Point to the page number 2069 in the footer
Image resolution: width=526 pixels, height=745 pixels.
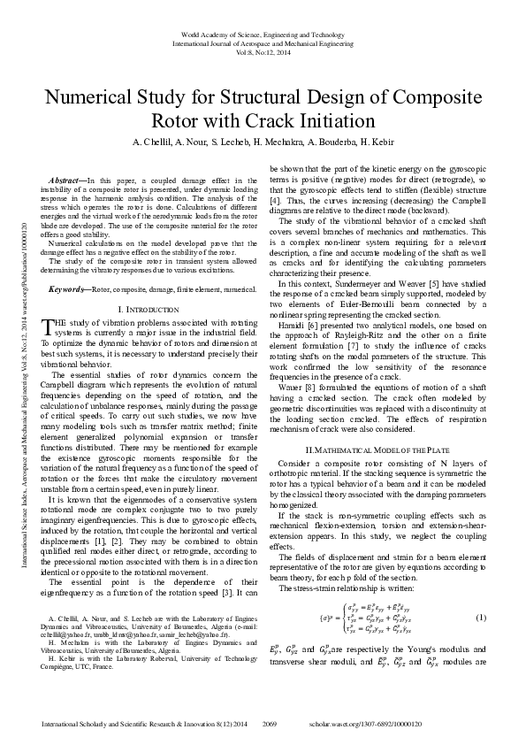tap(271, 724)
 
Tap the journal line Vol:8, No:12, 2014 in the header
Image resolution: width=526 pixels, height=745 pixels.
tap(263, 51)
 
